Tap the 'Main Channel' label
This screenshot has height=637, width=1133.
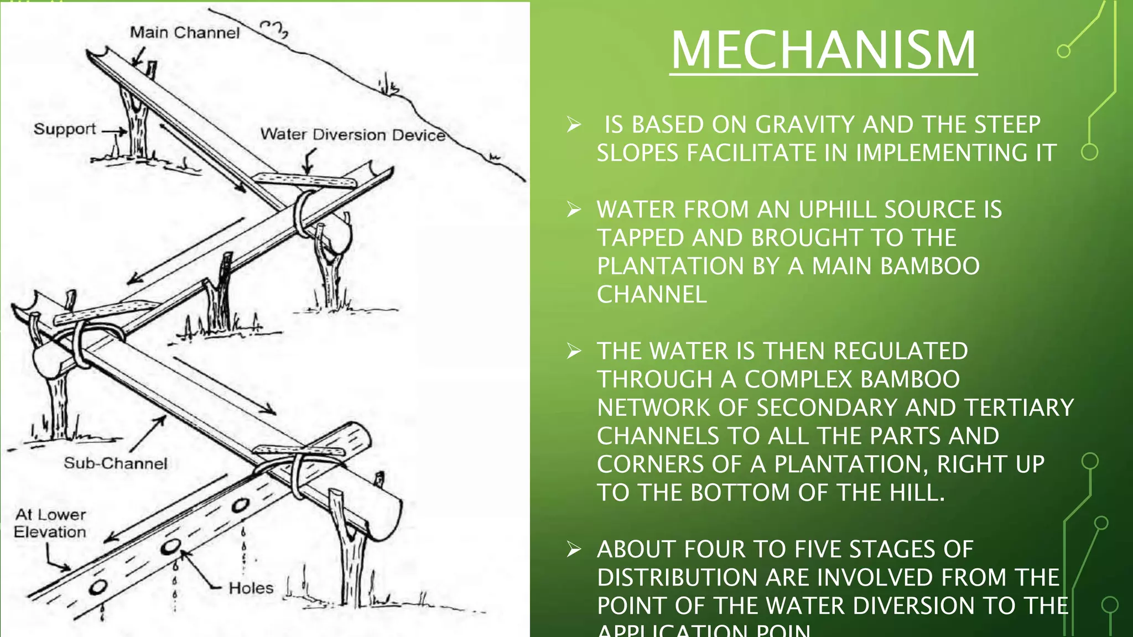coord(185,33)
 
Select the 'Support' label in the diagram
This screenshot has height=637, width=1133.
coord(65,129)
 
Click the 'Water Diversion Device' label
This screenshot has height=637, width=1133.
coord(353,134)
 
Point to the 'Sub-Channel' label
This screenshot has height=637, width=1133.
coord(115,463)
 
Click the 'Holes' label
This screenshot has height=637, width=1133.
coord(251,588)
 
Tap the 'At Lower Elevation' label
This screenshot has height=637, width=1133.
coord(50,523)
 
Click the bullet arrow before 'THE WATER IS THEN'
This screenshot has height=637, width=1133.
coord(574,351)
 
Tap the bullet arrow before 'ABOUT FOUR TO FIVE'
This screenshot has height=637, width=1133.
coord(574,549)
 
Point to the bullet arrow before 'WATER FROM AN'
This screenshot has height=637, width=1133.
coord(574,209)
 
